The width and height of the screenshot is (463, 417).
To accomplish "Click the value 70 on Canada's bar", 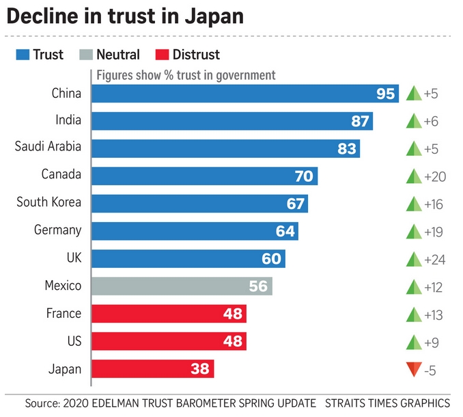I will (x=304, y=176).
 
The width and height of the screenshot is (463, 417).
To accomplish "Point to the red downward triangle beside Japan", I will (x=414, y=370).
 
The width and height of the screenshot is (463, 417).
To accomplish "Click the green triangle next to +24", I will (x=414, y=259).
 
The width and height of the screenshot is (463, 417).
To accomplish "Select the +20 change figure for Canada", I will (x=434, y=176).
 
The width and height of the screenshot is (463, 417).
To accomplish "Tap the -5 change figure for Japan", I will (x=430, y=370).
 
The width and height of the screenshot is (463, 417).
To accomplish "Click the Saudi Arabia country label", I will (x=48, y=146).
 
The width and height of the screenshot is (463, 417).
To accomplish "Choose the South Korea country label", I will (x=48, y=202).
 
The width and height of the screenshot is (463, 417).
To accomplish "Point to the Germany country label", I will (x=57, y=230).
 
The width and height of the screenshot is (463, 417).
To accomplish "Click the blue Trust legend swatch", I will (x=22, y=55).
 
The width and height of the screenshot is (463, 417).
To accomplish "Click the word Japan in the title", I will (x=210, y=16).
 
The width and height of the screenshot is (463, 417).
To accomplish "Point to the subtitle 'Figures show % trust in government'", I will (x=186, y=75).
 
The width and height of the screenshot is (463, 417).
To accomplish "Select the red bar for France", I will (x=169, y=314).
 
